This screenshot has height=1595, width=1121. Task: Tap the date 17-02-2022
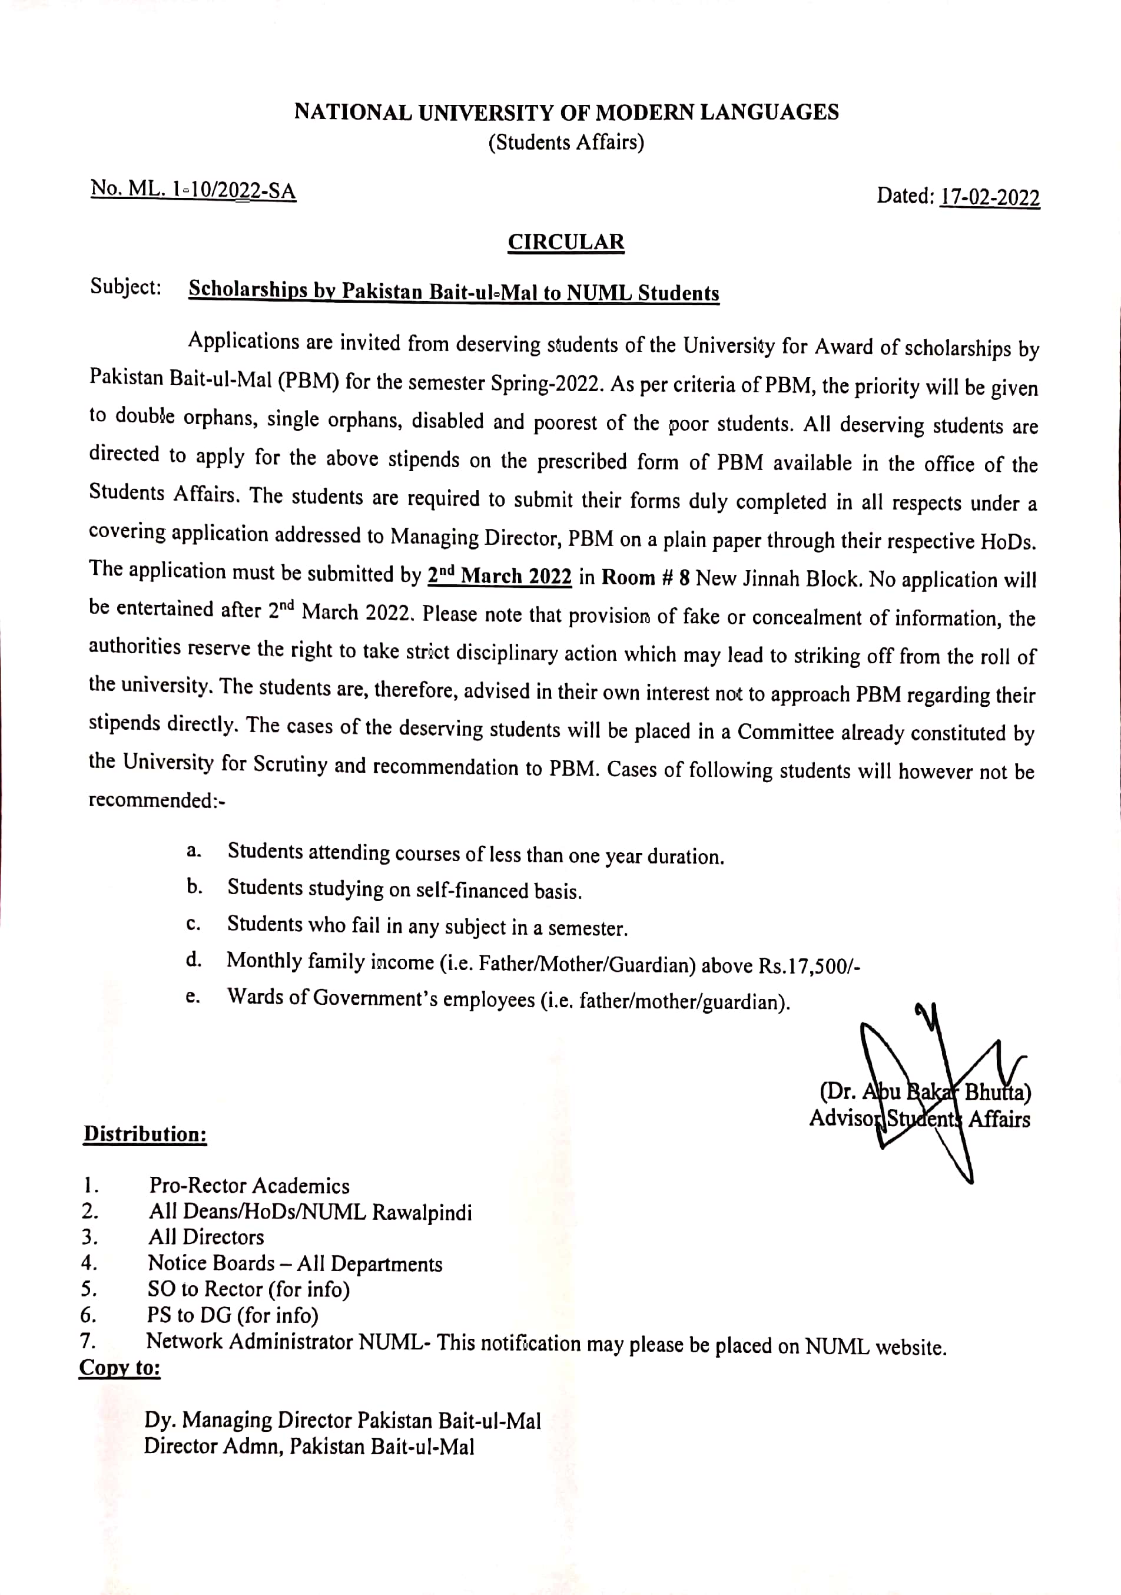tap(989, 197)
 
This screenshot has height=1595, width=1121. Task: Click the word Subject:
tap(126, 287)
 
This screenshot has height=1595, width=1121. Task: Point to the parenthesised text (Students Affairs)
tap(566, 143)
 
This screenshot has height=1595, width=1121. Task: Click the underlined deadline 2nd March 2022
tap(499, 576)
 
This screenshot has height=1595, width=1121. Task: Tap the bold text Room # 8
tap(645, 578)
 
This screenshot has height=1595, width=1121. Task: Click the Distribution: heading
tap(145, 1134)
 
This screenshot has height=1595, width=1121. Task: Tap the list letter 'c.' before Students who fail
tap(194, 925)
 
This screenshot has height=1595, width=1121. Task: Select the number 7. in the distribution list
tap(88, 1340)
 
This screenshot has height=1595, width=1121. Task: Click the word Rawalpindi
tap(422, 1213)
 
